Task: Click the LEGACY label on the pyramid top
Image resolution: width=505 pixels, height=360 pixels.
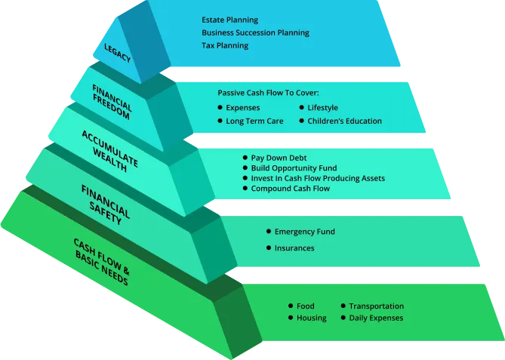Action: (x=117, y=54)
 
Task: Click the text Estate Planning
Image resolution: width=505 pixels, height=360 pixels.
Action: (x=229, y=20)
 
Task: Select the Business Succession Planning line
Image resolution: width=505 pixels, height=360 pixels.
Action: (x=255, y=32)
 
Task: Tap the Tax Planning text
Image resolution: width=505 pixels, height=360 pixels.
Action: (x=225, y=45)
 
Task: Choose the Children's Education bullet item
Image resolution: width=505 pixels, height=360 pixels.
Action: (x=344, y=121)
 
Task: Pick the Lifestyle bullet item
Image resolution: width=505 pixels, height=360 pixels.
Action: (x=322, y=108)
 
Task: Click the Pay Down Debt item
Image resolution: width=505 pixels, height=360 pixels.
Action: (x=280, y=157)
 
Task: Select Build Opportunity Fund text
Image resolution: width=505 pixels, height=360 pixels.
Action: (x=294, y=168)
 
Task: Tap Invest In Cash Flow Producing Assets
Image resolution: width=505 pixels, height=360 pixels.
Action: (x=318, y=178)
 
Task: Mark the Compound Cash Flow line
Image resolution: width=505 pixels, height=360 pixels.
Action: (x=290, y=189)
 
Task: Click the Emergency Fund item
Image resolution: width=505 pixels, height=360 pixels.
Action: (x=304, y=232)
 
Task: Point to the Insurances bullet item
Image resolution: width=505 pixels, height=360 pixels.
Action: (x=294, y=248)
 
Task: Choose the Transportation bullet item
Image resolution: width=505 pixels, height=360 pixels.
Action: (x=376, y=306)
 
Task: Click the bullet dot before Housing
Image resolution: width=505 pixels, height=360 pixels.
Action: (x=290, y=318)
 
